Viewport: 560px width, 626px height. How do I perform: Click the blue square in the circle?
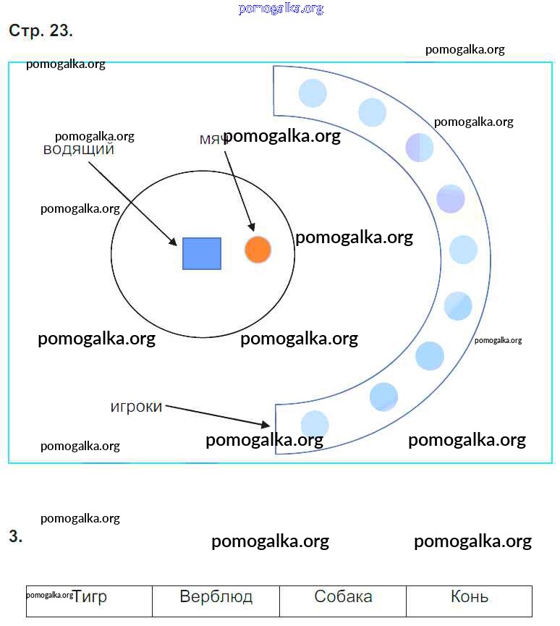click(202, 253)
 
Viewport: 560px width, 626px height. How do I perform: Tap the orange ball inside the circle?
click(258, 250)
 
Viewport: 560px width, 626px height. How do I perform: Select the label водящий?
click(79, 151)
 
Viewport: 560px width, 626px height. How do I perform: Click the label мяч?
click(213, 139)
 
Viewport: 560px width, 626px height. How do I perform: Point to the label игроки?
click(136, 407)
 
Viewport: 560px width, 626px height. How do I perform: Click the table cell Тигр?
click(90, 597)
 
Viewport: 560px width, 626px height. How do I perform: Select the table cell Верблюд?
click(216, 597)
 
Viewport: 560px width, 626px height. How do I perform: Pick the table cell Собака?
click(343, 597)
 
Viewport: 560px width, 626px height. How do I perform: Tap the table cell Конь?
click(469, 597)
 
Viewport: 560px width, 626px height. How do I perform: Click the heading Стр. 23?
click(41, 31)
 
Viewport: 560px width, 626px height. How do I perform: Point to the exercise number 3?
click(15, 537)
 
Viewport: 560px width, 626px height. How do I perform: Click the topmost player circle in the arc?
click(313, 93)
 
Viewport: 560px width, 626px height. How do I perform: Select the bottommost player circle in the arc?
click(315, 425)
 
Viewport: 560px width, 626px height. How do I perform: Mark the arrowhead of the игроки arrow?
click(266, 425)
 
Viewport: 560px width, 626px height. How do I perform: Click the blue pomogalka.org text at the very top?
click(280, 9)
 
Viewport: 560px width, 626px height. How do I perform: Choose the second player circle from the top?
click(373, 112)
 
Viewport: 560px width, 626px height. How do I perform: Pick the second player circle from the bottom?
click(383, 397)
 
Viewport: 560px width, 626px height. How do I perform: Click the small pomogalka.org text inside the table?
click(49, 595)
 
